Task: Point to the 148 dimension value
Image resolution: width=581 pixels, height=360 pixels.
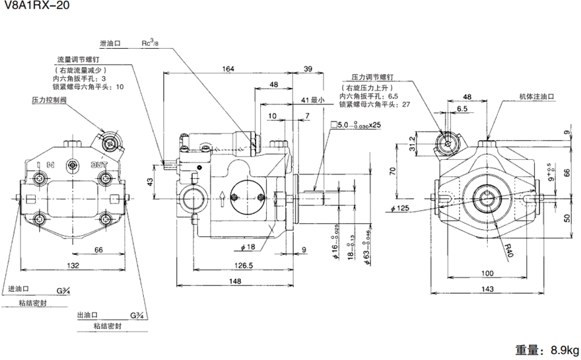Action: (236, 281)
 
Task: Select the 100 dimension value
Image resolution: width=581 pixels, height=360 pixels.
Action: (487, 273)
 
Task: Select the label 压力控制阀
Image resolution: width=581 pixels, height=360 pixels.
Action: (50, 100)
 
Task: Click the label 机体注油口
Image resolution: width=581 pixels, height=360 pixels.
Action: (535, 96)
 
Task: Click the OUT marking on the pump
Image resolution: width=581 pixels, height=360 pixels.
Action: (99, 164)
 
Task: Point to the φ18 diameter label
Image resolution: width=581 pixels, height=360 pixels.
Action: (248, 247)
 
